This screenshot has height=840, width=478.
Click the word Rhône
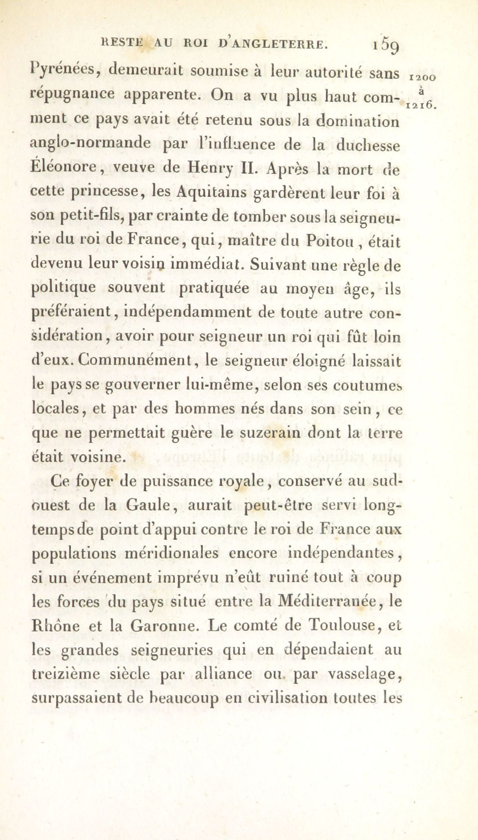tap(54, 626)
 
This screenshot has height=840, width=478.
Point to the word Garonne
tap(162, 626)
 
